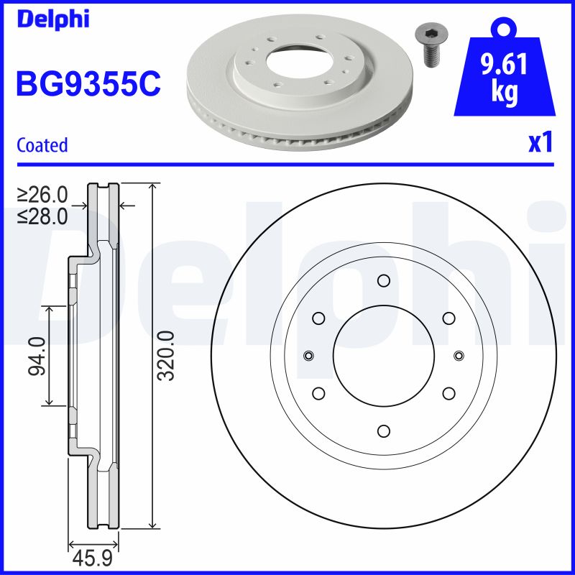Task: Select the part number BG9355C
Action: tap(88, 83)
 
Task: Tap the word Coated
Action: tap(42, 145)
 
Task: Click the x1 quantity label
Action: tap(540, 143)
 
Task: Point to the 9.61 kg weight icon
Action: tap(504, 75)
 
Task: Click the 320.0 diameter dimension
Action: tap(165, 356)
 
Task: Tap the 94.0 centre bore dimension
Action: tap(36, 356)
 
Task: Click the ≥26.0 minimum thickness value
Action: tap(42, 195)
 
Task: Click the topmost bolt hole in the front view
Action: tap(383, 280)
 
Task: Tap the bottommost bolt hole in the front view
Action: tap(383, 431)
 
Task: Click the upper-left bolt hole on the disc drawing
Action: tap(318, 318)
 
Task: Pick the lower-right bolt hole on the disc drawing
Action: tap(448, 393)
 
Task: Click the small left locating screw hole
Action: tap(308, 356)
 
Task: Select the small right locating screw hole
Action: tap(459, 356)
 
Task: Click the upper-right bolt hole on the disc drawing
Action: tap(448, 318)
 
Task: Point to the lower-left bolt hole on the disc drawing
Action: tap(318, 393)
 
